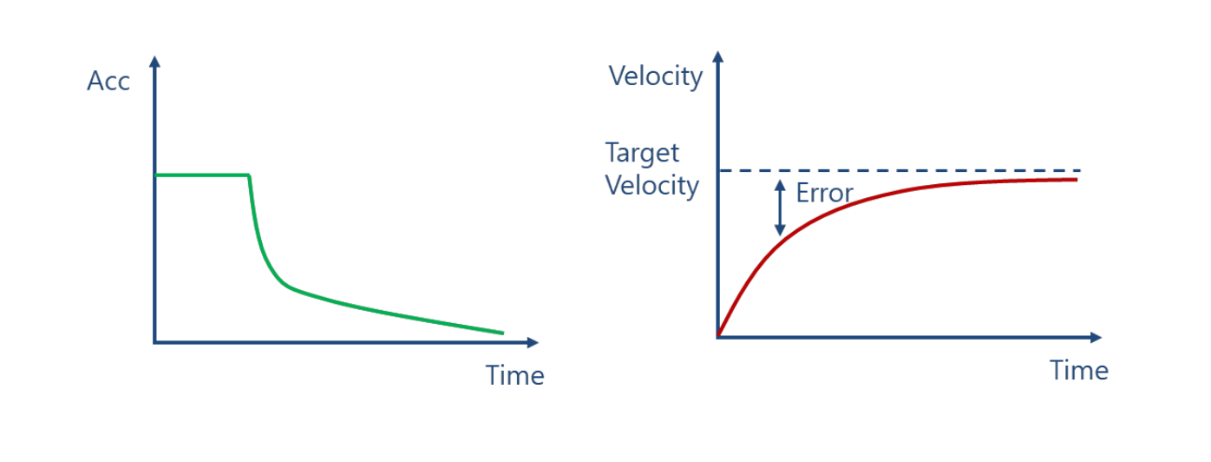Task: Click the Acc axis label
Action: pyautogui.click(x=108, y=81)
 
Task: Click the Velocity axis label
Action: pyautogui.click(x=655, y=76)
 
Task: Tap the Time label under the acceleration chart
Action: pyautogui.click(x=514, y=375)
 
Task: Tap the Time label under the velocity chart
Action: pyautogui.click(x=1079, y=371)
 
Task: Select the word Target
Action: pyautogui.click(x=642, y=153)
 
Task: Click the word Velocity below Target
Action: pyautogui.click(x=652, y=186)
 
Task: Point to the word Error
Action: pyautogui.click(x=824, y=193)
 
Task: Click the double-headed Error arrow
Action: pyautogui.click(x=780, y=208)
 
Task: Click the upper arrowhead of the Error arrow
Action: pyautogui.click(x=780, y=185)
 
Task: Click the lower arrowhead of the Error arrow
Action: pyautogui.click(x=780, y=231)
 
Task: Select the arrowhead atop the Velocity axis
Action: pyautogui.click(x=718, y=56)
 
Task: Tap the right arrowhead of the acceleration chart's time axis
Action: pyautogui.click(x=533, y=342)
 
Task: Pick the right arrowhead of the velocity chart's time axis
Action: pyautogui.click(x=1096, y=338)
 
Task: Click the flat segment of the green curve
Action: pyautogui.click(x=202, y=175)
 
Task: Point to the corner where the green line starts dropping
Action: pyautogui.click(x=249, y=175)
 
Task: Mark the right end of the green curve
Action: pyautogui.click(x=503, y=333)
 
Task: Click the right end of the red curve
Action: pyautogui.click(x=1077, y=180)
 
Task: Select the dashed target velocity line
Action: pyautogui.click(x=900, y=171)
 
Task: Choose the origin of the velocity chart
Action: pyautogui.click(x=718, y=338)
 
